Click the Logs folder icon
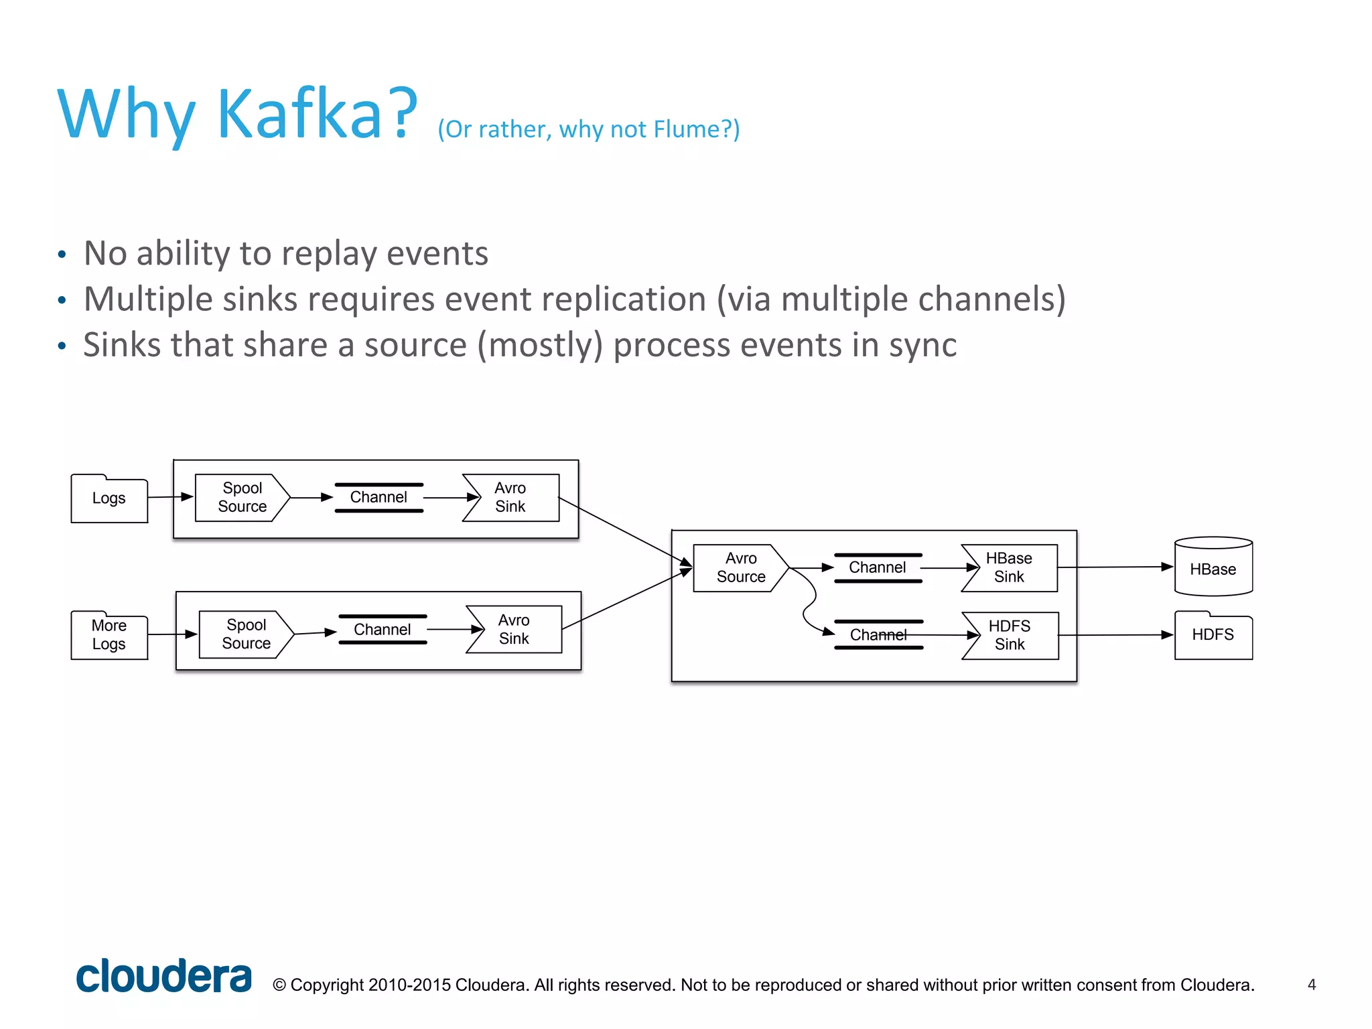tap(109, 498)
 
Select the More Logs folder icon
tap(109, 635)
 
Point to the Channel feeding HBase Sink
tap(878, 568)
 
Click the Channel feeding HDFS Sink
tap(878, 635)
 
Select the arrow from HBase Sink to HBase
tap(1115, 567)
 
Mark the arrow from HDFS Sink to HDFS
tap(1115, 635)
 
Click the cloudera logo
tap(163, 977)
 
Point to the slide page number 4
tap(1312, 985)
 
